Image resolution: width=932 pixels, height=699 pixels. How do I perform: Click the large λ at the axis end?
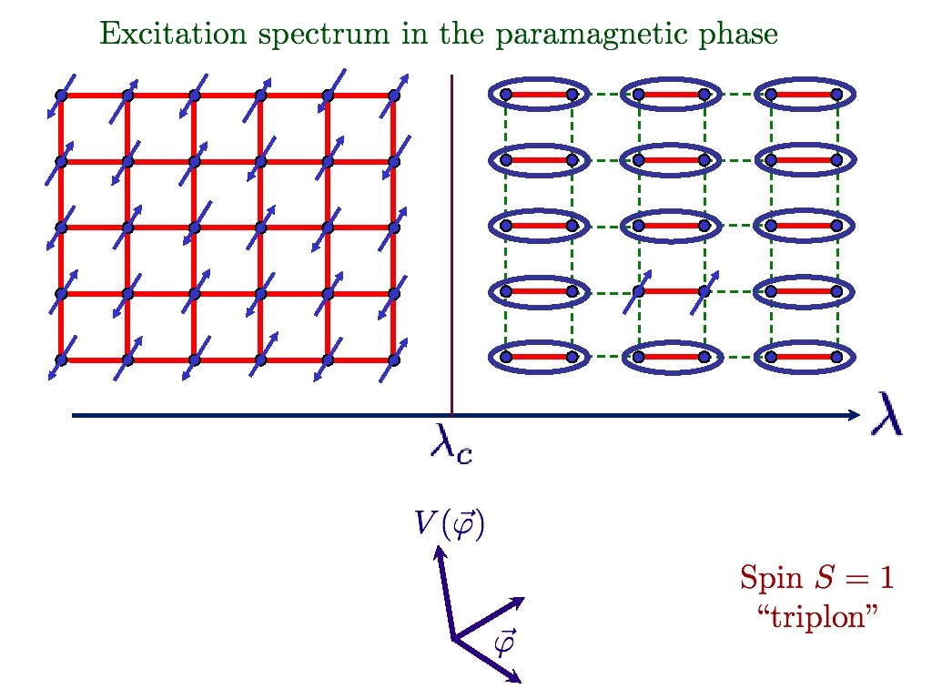tap(887, 415)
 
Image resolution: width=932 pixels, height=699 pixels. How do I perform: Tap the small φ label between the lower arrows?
tap(503, 643)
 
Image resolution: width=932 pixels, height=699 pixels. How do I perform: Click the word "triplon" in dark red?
tap(816, 614)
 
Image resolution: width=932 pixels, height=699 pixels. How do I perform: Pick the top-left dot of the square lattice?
tap(61, 95)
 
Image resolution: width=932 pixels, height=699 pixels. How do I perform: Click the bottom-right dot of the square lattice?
tap(393, 360)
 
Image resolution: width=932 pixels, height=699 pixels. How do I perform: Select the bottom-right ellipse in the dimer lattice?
tap(803, 357)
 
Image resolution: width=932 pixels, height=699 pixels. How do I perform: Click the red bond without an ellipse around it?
tap(671, 291)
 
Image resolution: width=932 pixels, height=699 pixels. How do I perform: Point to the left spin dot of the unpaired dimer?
tap(639, 291)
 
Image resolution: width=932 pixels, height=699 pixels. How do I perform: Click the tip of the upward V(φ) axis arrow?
tap(438, 549)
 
